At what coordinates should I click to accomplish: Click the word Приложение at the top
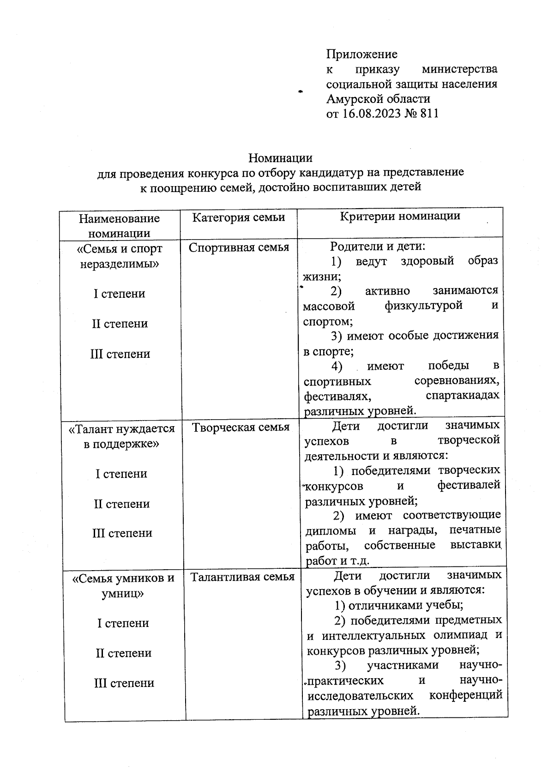(x=361, y=54)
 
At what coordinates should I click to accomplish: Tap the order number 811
(x=429, y=114)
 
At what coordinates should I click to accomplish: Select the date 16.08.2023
(x=371, y=114)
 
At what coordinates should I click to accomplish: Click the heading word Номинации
(x=280, y=158)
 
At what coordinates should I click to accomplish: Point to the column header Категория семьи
(x=238, y=217)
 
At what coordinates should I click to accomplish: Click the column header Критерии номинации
(x=400, y=216)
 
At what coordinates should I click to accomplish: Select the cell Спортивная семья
(x=239, y=247)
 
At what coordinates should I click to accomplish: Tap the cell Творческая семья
(x=240, y=428)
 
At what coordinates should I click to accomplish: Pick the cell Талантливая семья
(x=242, y=577)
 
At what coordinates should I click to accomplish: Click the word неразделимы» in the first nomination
(x=120, y=264)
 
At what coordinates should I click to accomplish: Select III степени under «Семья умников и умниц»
(x=124, y=683)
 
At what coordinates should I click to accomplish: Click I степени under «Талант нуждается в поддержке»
(x=121, y=474)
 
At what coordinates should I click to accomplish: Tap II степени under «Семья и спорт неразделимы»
(x=120, y=324)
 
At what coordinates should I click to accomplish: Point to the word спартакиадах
(x=462, y=396)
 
